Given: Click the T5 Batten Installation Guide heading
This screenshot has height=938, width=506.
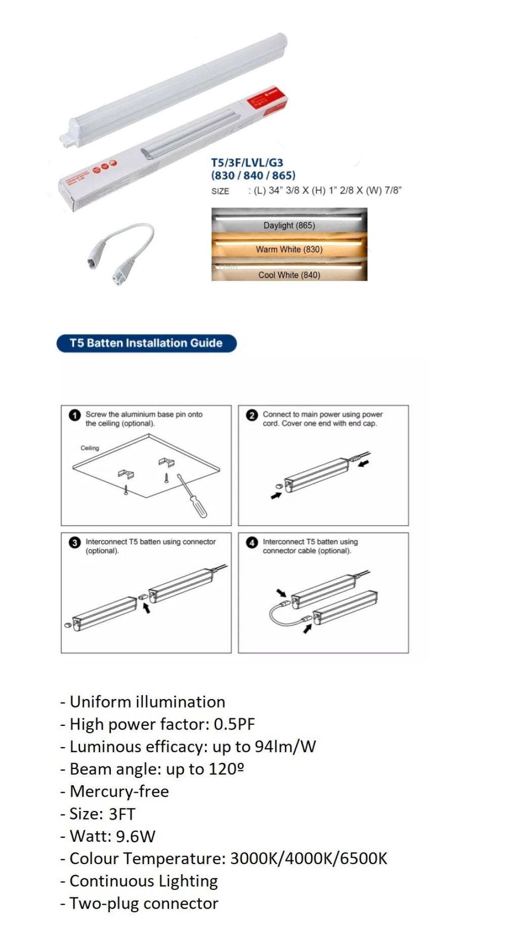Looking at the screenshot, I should click(146, 343).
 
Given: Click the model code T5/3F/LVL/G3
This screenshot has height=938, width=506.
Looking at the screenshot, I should click(247, 163).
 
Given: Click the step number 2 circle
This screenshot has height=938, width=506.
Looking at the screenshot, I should click(252, 416).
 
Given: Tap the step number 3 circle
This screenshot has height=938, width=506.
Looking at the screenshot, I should click(75, 543).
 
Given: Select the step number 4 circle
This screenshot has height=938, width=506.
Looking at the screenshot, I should click(252, 543).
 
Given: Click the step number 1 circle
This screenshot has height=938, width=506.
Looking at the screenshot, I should click(75, 416).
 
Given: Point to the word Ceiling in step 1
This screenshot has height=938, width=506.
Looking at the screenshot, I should click(90, 448).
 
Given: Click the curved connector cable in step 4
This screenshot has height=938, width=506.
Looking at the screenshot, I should click(275, 616).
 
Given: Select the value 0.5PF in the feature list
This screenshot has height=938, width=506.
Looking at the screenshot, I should click(234, 724).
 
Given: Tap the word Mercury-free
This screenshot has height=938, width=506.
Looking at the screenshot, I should click(119, 792).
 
